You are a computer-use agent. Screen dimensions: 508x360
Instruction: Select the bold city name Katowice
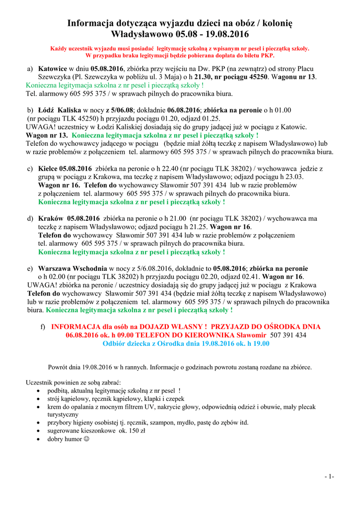[x=53, y=69]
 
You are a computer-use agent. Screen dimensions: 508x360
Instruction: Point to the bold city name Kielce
[x=48, y=169]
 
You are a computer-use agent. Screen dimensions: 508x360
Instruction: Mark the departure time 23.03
[x=293, y=177]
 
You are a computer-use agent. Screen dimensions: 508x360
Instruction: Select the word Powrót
[x=58, y=367]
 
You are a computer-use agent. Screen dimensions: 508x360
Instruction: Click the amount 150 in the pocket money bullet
[x=125, y=431]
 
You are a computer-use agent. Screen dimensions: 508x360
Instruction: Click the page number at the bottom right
[x=329, y=477]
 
